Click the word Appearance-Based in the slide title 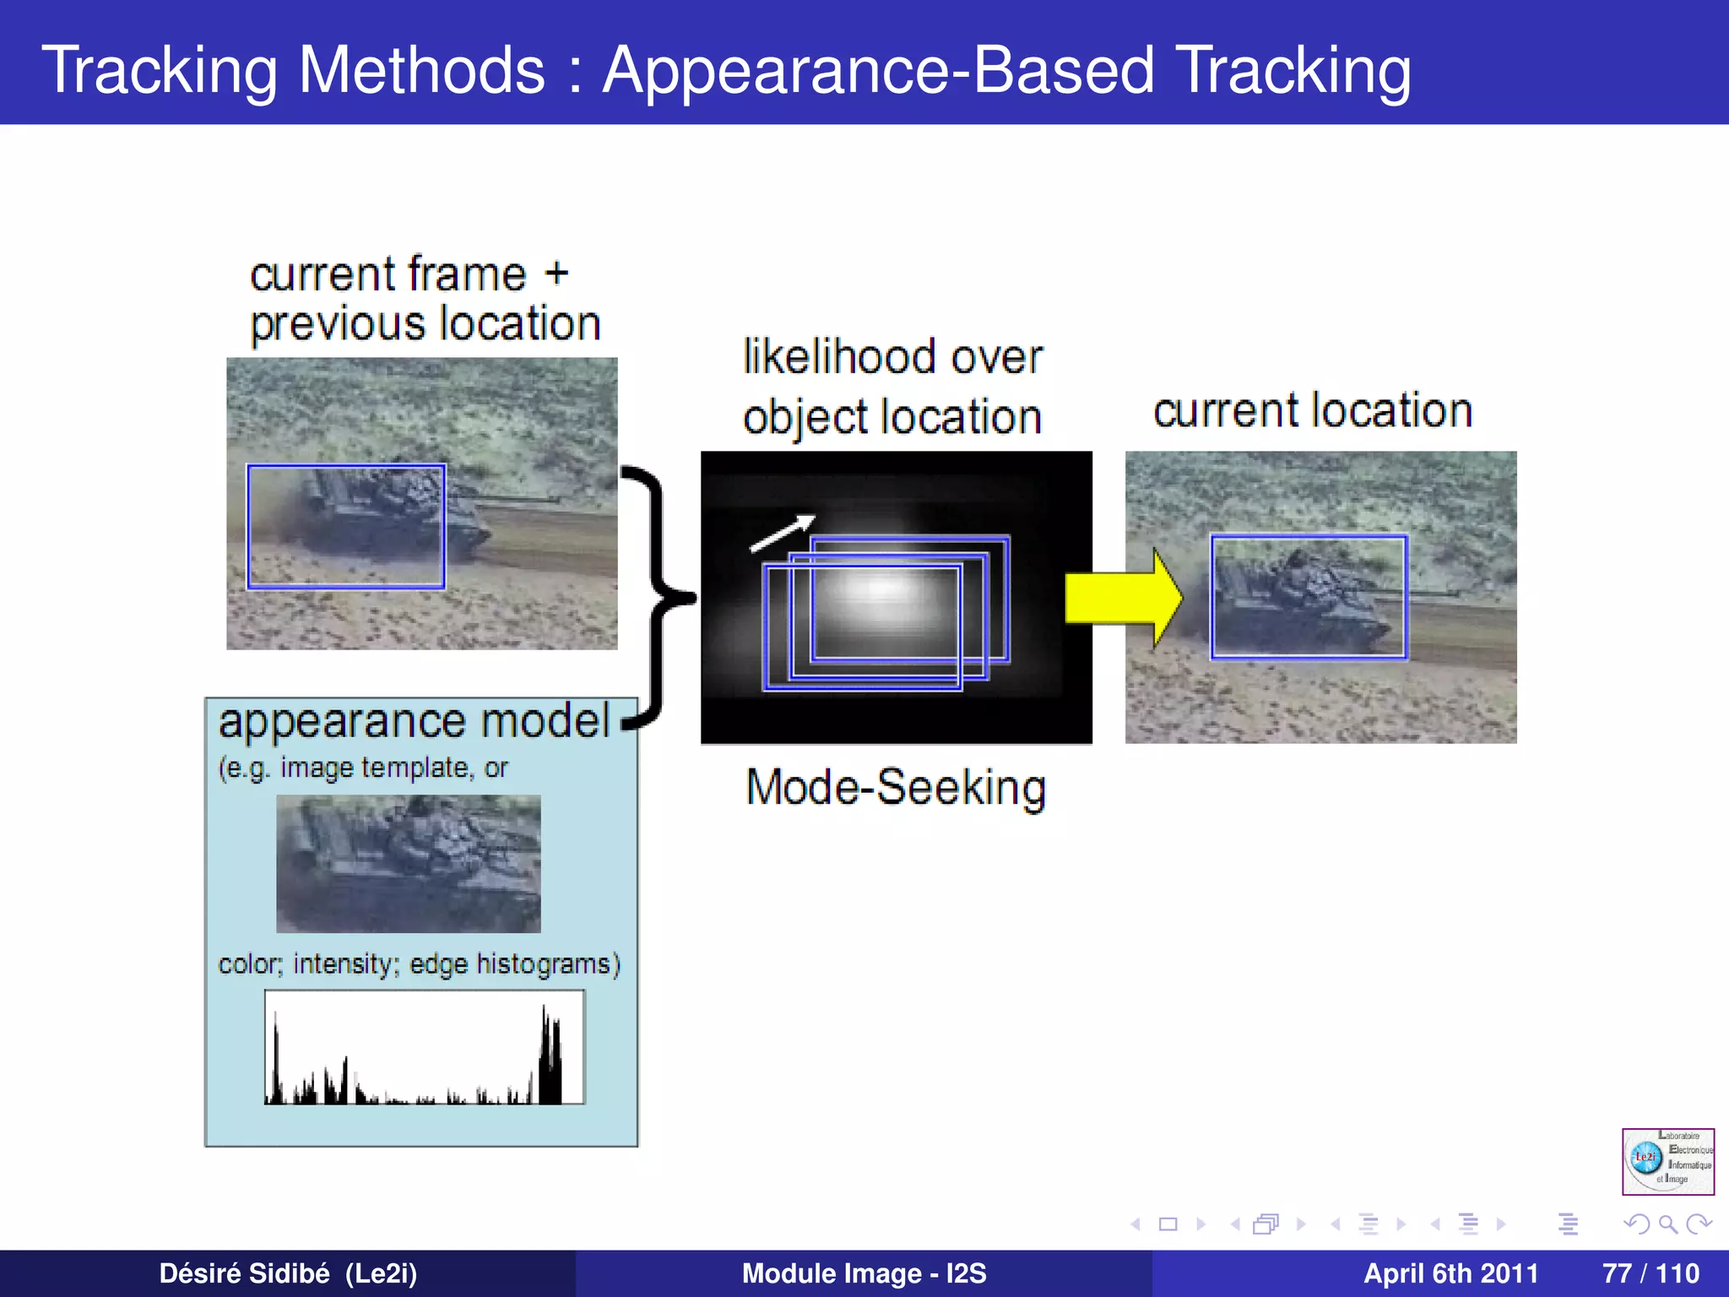pyautogui.click(x=878, y=69)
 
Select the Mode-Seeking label pyautogui.click(x=896, y=789)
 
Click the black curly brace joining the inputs pyautogui.click(x=654, y=596)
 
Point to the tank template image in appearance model pyautogui.click(x=409, y=863)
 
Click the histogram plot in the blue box pyautogui.click(x=425, y=1047)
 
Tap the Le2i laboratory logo pyautogui.click(x=1667, y=1161)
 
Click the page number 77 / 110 pyautogui.click(x=1650, y=1273)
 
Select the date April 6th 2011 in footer pyautogui.click(x=1450, y=1273)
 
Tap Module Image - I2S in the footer pyautogui.click(x=864, y=1273)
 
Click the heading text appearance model pyautogui.click(x=414, y=723)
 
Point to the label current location pyautogui.click(x=1313, y=411)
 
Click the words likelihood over pyautogui.click(x=892, y=357)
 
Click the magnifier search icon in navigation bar pyautogui.click(x=1667, y=1224)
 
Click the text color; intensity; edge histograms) pyautogui.click(x=419, y=964)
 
